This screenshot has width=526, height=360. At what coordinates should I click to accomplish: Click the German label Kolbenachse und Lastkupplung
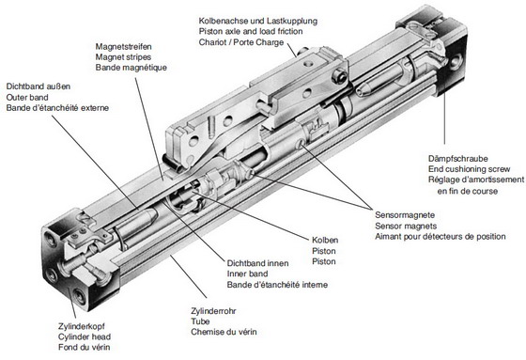pyautogui.click(x=258, y=21)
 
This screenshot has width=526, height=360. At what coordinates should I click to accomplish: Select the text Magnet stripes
pyautogui.click(x=123, y=57)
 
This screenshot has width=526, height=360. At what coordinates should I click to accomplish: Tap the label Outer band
pyautogui.click(x=27, y=98)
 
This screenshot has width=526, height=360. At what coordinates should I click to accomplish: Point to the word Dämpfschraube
pyautogui.click(x=458, y=159)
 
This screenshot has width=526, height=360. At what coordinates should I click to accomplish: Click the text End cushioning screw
pyautogui.click(x=469, y=169)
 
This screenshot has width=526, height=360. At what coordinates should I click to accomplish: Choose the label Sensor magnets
pyautogui.click(x=406, y=226)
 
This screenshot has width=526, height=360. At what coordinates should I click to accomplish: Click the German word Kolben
pyautogui.click(x=325, y=240)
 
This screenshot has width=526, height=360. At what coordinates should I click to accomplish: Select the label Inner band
pyautogui.click(x=247, y=274)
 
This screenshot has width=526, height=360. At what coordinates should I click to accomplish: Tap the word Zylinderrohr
pyautogui.click(x=213, y=311)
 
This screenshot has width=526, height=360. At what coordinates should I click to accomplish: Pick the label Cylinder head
pyautogui.click(x=85, y=337)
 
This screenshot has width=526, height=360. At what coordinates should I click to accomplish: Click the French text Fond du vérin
pyautogui.click(x=85, y=347)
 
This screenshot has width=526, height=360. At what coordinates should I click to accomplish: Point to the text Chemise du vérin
pyautogui.click(x=224, y=332)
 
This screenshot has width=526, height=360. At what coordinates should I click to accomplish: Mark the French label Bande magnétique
pyautogui.click(x=131, y=68)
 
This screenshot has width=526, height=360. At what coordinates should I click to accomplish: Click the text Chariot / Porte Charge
pyautogui.click(x=241, y=42)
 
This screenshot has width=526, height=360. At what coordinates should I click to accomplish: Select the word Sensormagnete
pyautogui.click(x=405, y=215)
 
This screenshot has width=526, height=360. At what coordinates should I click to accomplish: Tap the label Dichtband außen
pyautogui.click(x=39, y=86)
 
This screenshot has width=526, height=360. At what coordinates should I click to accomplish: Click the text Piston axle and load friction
pyautogui.click(x=251, y=31)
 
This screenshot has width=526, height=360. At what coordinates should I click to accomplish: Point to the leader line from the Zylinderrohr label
pyautogui.click(x=189, y=276)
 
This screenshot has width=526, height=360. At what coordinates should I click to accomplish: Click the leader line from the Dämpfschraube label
pyautogui.click(x=444, y=118)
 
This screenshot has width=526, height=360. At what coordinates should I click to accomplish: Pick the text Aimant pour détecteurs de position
pyautogui.click(x=441, y=237)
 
